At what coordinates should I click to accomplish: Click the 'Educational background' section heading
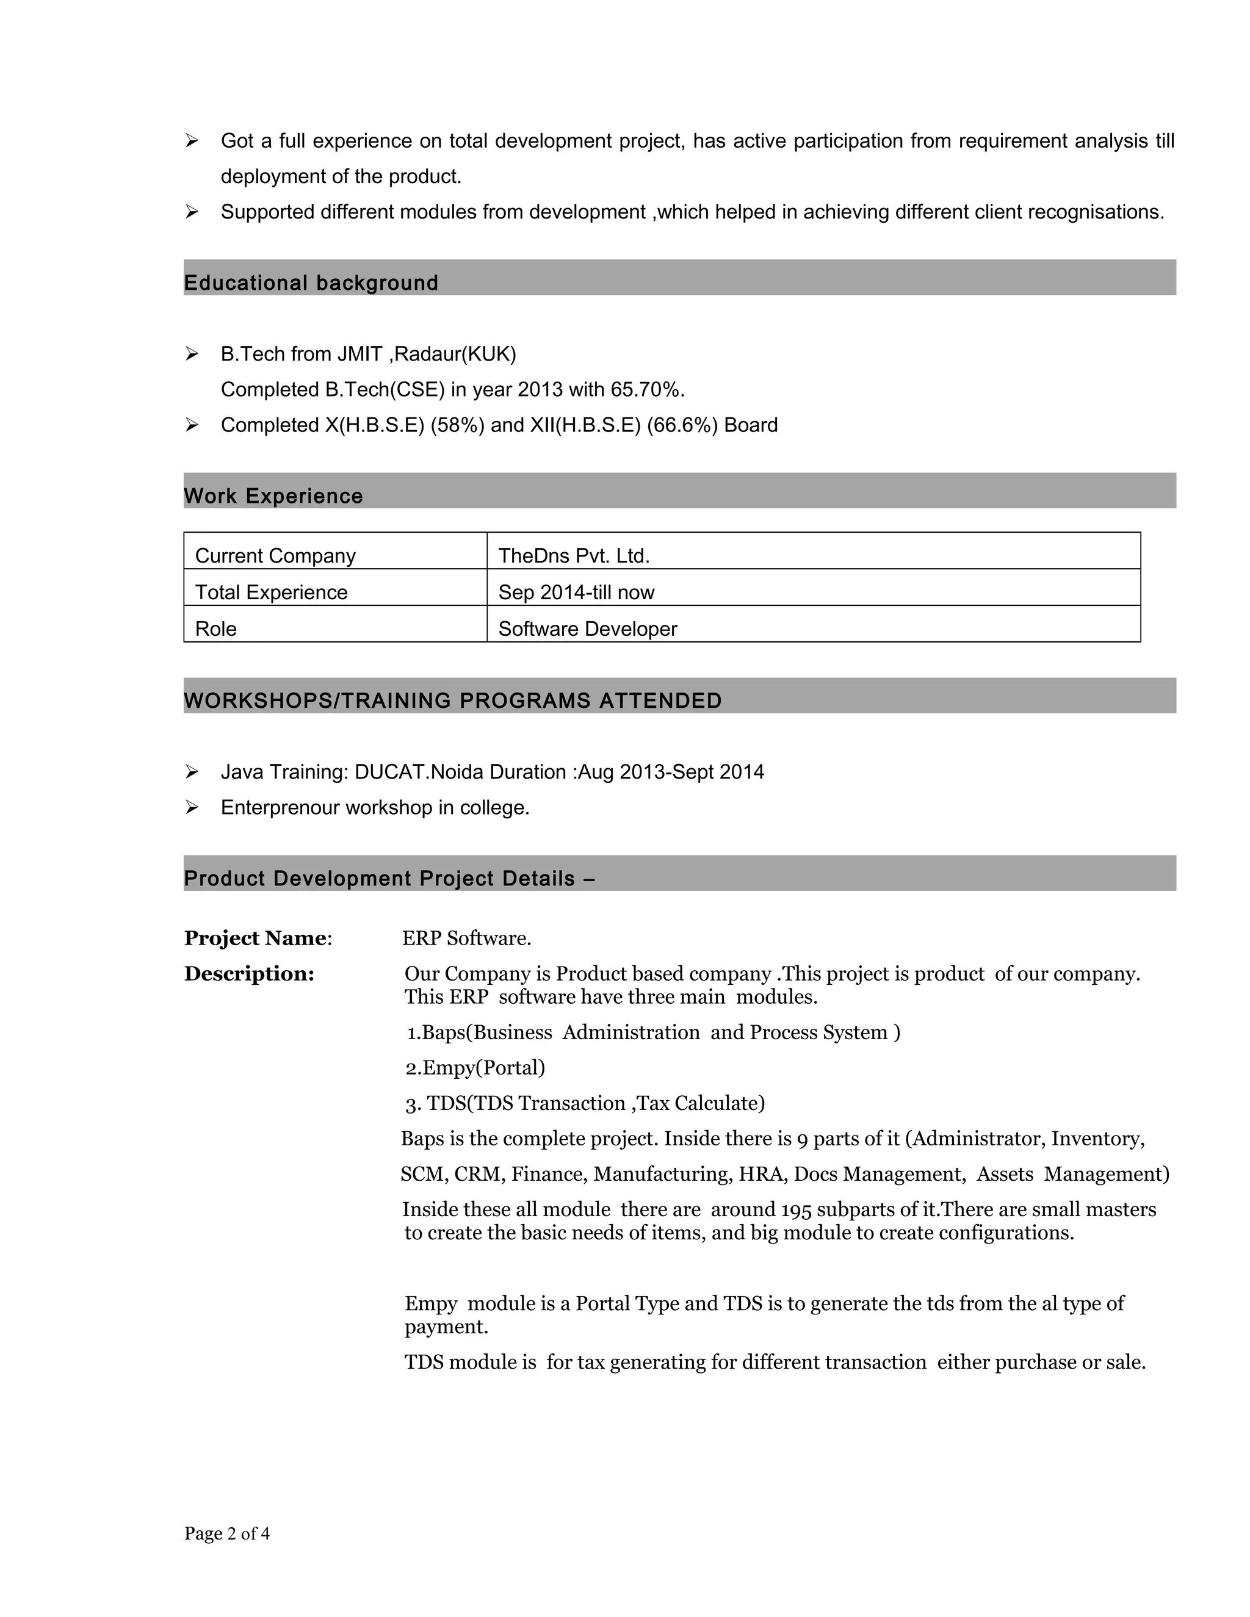tap(311, 283)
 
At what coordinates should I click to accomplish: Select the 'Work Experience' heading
tap(273, 496)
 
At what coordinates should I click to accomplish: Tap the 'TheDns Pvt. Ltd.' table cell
tap(574, 555)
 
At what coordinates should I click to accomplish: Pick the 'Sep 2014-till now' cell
tap(576, 592)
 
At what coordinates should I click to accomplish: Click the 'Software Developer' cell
tap(587, 628)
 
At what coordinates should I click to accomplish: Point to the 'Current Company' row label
tap(275, 555)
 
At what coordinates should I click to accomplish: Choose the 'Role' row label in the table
tap(215, 628)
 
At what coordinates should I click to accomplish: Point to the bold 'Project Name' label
tap(256, 938)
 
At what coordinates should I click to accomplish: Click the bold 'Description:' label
tap(250, 974)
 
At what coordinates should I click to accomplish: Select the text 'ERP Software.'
tap(466, 938)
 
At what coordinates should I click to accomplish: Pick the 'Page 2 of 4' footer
tap(226, 1533)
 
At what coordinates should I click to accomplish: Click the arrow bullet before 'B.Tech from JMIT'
tap(192, 354)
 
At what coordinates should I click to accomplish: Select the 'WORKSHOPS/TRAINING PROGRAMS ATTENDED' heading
tap(452, 700)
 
